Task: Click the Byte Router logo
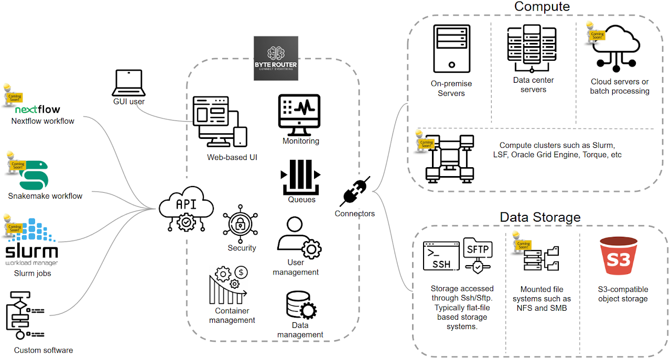276,58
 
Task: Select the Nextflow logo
38,110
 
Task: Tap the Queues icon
301,177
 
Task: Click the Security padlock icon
241,225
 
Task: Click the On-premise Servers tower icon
451,48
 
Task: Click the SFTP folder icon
478,254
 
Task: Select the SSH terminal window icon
441,256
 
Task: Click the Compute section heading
542,7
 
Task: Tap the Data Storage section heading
540,217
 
